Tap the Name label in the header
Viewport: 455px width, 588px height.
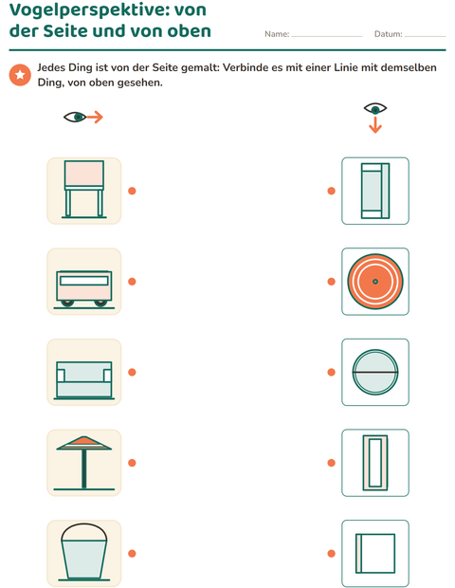pyautogui.click(x=277, y=34)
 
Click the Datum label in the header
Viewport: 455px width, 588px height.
pyautogui.click(x=389, y=34)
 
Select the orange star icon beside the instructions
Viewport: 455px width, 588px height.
pyautogui.click(x=20, y=75)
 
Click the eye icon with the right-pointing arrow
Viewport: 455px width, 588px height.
pyautogui.click(x=82, y=117)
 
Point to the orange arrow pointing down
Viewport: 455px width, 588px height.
pyautogui.click(x=375, y=125)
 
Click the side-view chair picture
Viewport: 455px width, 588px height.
pyautogui.click(x=84, y=190)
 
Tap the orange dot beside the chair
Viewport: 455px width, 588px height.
pyautogui.click(x=132, y=191)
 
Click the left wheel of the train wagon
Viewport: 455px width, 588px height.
pyautogui.click(x=67, y=303)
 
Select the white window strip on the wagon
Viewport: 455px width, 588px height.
pyautogui.click(x=84, y=281)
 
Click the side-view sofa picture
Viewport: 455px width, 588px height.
pyautogui.click(x=84, y=380)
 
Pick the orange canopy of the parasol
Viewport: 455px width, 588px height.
pyautogui.click(x=84, y=443)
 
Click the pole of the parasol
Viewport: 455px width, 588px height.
pyautogui.click(x=84, y=469)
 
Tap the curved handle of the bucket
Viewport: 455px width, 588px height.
pyautogui.click(x=84, y=524)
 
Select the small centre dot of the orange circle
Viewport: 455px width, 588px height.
pyautogui.click(x=375, y=282)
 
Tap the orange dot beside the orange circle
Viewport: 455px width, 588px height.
pyautogui.click(x=332, y=282)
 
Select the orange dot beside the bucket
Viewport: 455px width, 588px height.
pyautogui.click(x=132, y=553)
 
